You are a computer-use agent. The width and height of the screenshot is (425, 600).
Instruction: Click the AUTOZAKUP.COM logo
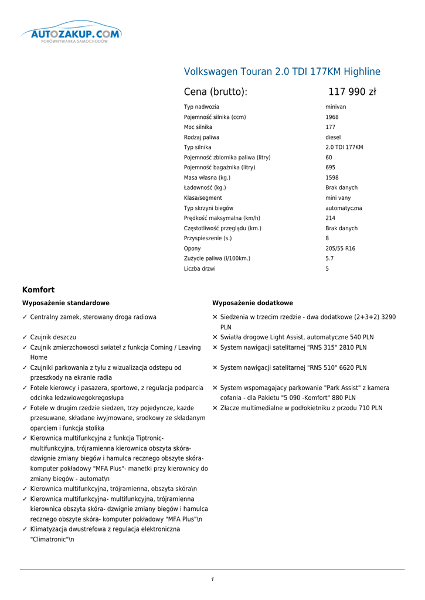[x=71, y=35]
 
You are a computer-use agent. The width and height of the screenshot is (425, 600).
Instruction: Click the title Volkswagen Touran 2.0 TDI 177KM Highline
[x=282, y=72]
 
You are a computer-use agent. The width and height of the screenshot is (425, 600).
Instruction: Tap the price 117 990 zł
[x=352, y=92]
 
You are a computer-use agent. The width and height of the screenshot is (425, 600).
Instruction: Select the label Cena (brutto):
[x=216, y=92]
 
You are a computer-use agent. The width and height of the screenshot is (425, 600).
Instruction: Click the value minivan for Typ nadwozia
[x=336, y=107]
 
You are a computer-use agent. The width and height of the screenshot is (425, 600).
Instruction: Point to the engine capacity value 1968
[x=332, y=117]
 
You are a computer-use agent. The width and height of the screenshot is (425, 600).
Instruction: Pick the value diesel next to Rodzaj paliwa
[x=333, y=138]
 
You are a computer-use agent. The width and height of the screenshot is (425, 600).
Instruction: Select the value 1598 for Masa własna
[x=332, y=178]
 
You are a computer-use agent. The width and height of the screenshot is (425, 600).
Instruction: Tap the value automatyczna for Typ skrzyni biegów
[x=344, y=209]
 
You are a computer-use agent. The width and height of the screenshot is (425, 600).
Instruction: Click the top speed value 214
[x=331, y=219]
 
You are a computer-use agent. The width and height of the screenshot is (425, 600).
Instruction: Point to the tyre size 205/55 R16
[x=340, y=249]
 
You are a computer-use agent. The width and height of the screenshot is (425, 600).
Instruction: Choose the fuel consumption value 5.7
[x=329, y=259]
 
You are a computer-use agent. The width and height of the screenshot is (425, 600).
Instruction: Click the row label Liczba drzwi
[x=199, y=269]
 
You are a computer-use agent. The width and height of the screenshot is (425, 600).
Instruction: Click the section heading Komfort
[x=38, y=290]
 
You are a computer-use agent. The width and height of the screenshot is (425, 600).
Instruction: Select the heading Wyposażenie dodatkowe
[x=252, y=304]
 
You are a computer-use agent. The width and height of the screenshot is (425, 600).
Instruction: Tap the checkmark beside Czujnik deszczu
[x=25, y=337]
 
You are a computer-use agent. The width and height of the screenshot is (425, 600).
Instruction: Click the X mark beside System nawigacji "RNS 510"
[x=215, y=368]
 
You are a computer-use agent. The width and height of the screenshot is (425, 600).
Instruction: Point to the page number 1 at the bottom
[x=212, y=579]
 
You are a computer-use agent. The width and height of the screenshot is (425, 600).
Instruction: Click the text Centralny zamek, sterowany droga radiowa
[x=93, y=317]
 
